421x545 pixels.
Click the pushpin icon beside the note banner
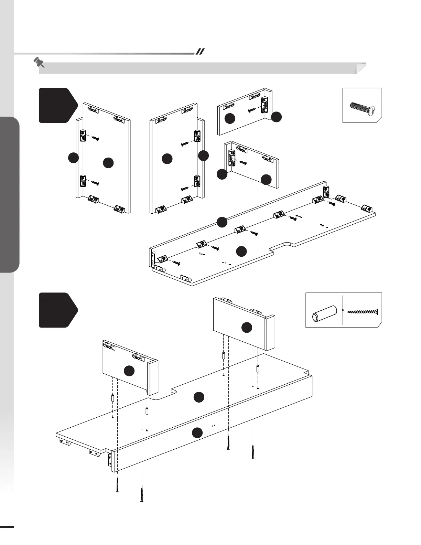(39, 63)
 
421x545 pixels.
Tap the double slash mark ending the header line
(200, 52)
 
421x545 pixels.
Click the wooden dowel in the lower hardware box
(324, 313)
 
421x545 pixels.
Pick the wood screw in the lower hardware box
(363, 312)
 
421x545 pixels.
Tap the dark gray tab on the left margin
(10, 195)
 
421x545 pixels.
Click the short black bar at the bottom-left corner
(7, 526)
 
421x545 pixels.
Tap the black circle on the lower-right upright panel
(247, 328)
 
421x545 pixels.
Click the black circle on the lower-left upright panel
(129, 371)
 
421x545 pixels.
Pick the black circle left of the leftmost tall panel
(73, 158)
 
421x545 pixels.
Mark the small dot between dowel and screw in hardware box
(343, 310)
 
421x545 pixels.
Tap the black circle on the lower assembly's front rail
(197, 432)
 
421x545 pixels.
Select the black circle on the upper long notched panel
(241, 252)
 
